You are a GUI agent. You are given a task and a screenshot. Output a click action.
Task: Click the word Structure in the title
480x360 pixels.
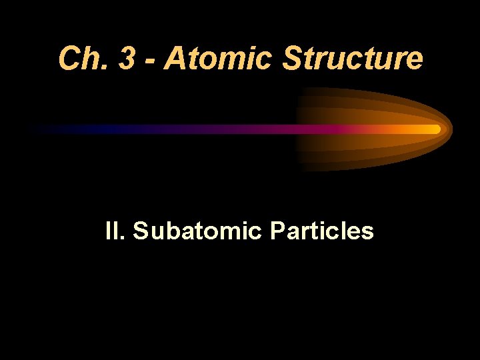(353, 58)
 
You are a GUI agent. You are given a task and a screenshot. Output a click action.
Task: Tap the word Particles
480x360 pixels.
(321, 231)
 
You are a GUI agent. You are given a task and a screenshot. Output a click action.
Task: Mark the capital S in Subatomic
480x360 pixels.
(141, 231)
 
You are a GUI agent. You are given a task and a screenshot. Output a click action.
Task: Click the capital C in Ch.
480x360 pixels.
(69, 58)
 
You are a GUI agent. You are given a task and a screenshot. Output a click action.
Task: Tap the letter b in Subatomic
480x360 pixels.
(167, 231)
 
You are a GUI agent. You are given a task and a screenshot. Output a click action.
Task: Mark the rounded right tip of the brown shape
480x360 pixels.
(450, 128)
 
